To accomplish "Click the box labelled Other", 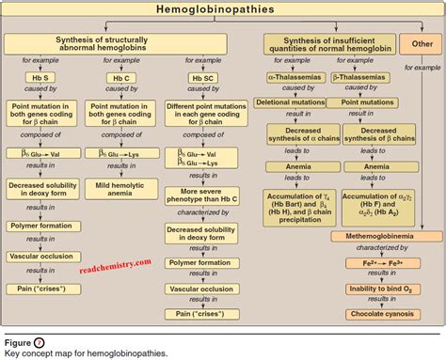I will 416,44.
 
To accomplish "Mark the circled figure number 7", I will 39,341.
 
